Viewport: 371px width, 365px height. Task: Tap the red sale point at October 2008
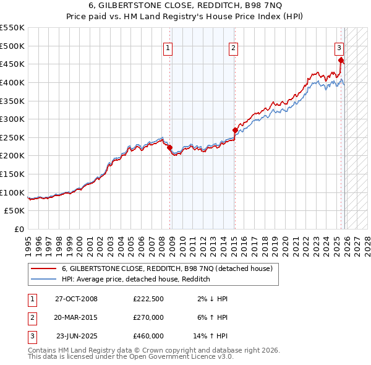tap(170, 148)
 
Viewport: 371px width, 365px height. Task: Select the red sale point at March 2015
tap(235, 131)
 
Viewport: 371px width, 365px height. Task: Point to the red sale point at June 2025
tap(341, 60)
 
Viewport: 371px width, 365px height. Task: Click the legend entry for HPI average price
tap(136, 280)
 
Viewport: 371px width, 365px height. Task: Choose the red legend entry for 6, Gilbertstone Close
tap(167, 268)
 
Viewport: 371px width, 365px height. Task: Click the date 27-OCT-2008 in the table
tap(76, 299)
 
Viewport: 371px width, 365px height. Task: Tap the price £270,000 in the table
tap(148, 317)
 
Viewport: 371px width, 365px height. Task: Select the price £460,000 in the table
tap(148, 336)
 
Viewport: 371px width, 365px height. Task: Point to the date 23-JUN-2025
tap(76, 336)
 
